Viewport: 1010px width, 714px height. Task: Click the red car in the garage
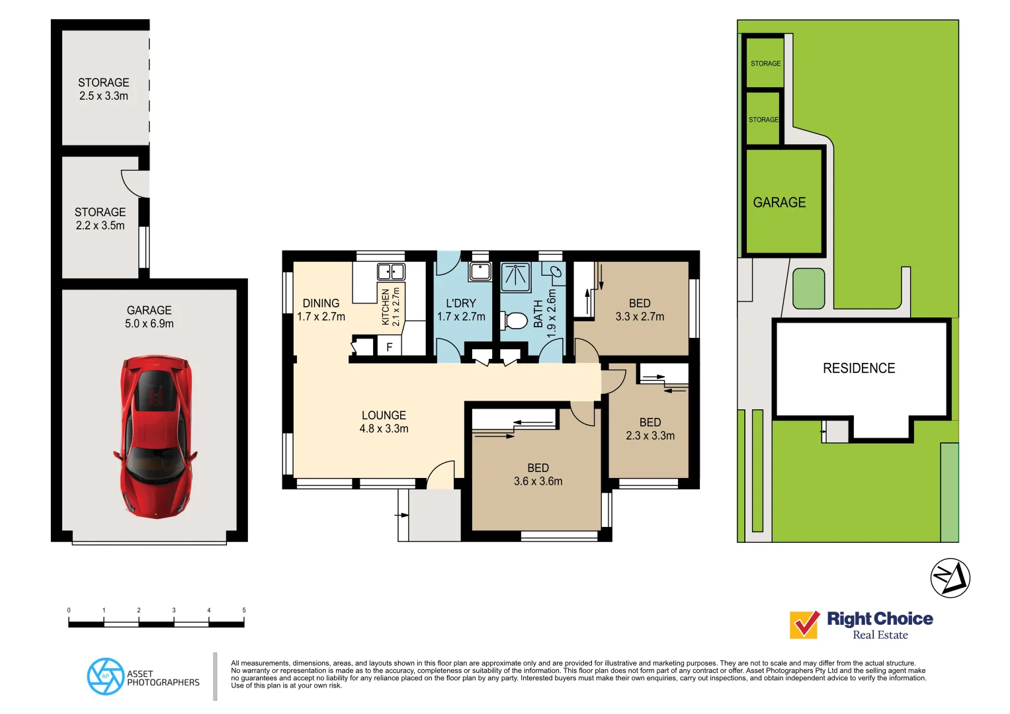(x=156, y=436)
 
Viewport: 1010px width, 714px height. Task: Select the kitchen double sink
(x=390, y=272)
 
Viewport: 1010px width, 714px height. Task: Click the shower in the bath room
(x=515, y=277)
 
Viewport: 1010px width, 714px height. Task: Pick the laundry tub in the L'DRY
(x=480, y=271)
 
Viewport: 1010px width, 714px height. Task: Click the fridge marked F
(x=389, y=346)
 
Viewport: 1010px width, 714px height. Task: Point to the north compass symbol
(x=950, y=578)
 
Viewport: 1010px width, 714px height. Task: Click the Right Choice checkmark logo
(x=804, y=624)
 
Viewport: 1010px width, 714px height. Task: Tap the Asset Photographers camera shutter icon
(x=105, y=676)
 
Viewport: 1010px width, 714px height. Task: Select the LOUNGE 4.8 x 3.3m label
(x=384, y=422)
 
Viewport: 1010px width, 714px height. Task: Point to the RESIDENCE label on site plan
(x=859, y=368)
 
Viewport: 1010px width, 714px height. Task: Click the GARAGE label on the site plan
(x=779, y=202)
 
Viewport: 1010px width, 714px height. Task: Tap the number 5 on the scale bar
(x=243, y=610)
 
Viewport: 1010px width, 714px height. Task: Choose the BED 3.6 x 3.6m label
(x=538, y=475)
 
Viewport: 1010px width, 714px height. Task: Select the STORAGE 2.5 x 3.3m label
(x=104, y=89)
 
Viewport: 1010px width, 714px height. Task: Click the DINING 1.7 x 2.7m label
(x=321, y=310)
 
